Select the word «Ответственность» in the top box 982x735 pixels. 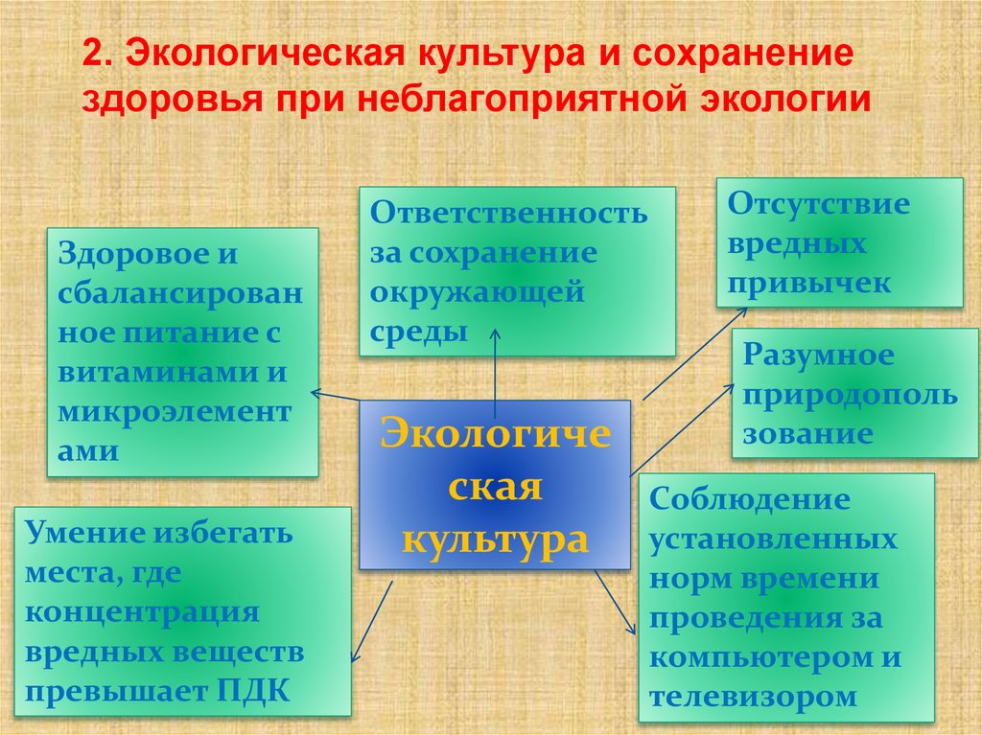click(x=509, y=213)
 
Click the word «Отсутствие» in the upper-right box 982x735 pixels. click(x=818, y=204)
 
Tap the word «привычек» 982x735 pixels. click(x=809, y=283)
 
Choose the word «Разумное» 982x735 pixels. click(x=819, y=356)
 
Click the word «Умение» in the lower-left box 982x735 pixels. click(x=80, y=533)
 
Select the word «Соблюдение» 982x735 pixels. click(x=750, y=499)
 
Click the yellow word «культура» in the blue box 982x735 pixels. click(x=494, y=539)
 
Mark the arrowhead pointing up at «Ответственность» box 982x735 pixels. click(x=495, y=331)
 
